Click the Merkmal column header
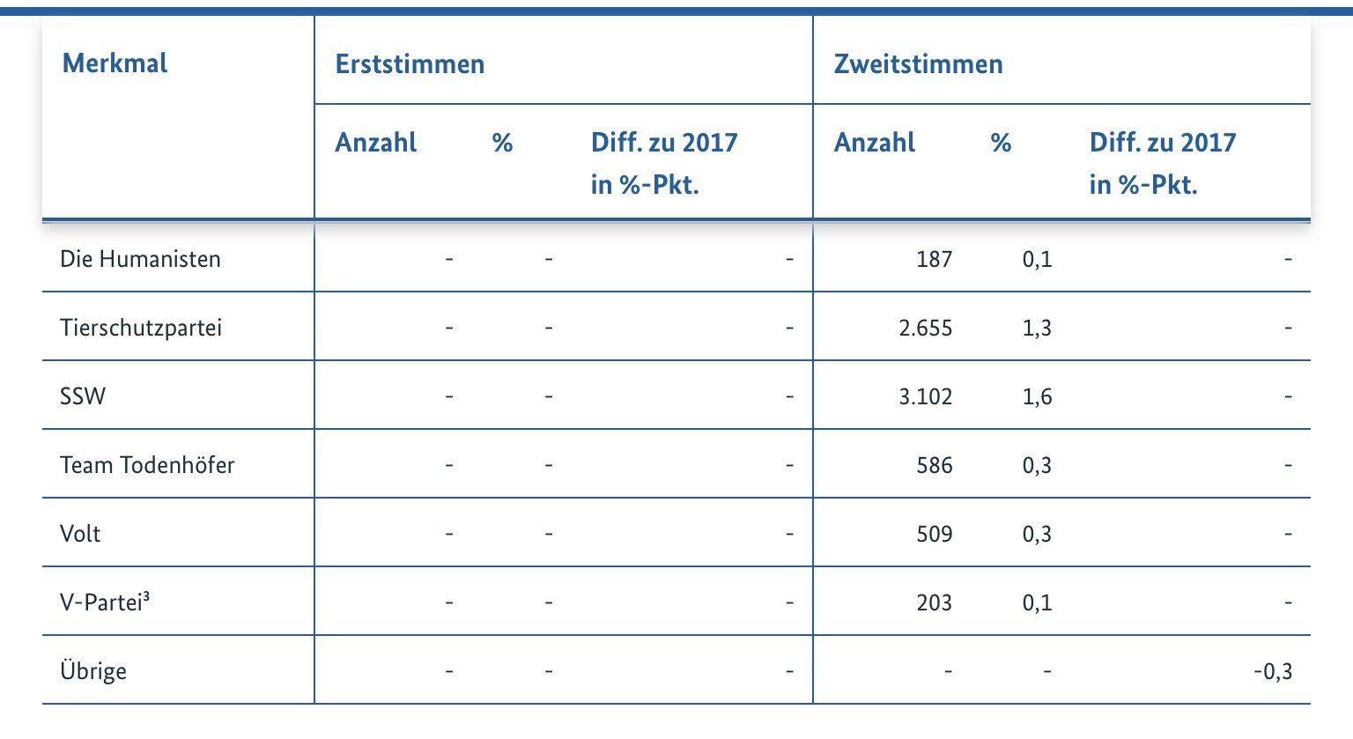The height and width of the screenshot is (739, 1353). pyautogui.click(x=115, y=63)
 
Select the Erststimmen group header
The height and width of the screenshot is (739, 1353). pyautogui.click(x=410, y=64)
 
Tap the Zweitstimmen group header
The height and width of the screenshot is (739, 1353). pyautogui.click(x=918, y=64)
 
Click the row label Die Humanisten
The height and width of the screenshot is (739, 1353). pyautogui.click(x=140, y=259)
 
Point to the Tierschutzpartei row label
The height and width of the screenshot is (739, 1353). pyautogui.click(x=140, y=328)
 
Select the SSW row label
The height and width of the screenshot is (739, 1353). pyautogui.click(x=83, y=396)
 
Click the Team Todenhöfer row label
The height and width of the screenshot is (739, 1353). pyautogui.click(x=147, y=465)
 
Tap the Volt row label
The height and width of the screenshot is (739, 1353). pyautogui.click(x=80, y=534)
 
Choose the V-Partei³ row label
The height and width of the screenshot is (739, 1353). pyautogui.click(x=104, y=602)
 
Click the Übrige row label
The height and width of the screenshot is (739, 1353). pyautogui.click(x=93, y=671)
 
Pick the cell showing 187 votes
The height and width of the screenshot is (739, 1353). pyautogui.click(x=934, y=259)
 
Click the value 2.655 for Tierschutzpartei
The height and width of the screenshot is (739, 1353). pyautogui.click(x=925, y=328)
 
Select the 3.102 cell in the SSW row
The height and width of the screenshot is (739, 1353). pyautogui.click(x=925, y=396)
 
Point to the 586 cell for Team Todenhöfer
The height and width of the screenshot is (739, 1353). pyautogui.click(x=934, y=465)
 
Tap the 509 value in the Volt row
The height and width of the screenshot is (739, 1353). pyautogui.click(x=934, y=534)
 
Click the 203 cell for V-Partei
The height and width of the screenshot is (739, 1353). pyautogui.click(x=934, y=602)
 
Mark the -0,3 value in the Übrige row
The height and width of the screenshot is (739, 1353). pyautogui.click(x=1273, y=671)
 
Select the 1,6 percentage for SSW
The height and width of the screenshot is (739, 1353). pyautogui.click(x=1037, y=396)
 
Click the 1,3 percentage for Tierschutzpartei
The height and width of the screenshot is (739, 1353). pyautogui.click(x=1037, y=328)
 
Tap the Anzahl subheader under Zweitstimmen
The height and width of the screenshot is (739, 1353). pyautogui.click(x=874, y=143)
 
